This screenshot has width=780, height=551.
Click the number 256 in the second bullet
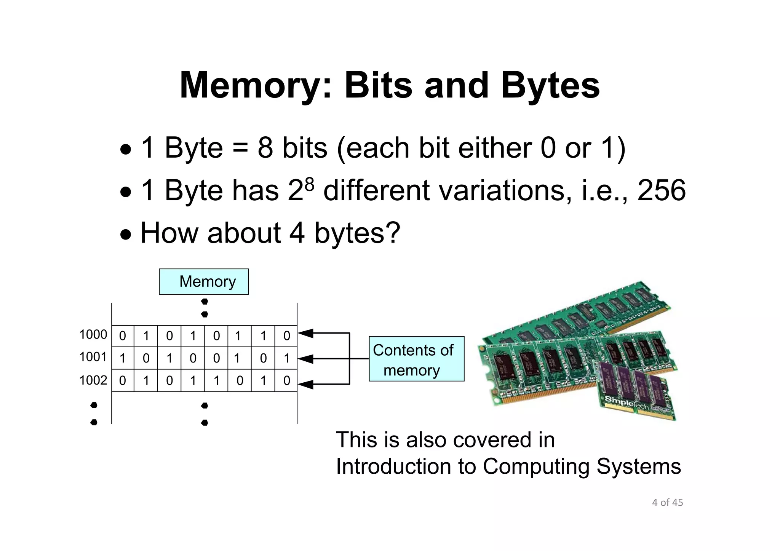coord(662,190)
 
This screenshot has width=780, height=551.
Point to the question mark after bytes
coord(392,233)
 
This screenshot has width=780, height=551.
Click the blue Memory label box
coord(204,282)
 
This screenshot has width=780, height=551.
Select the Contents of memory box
coord(416,359)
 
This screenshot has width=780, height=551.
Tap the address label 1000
coord(93,335)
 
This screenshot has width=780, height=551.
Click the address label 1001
coord(93,357)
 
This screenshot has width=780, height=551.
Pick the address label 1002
coord(93,380)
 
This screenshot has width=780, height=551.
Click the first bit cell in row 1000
coord(123,336)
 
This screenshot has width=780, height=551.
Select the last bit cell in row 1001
coord(286,358)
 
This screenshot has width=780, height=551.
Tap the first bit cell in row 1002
coord(123,380)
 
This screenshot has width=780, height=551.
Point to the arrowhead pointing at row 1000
coord(305,334)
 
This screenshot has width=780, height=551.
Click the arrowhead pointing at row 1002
coord(305,384)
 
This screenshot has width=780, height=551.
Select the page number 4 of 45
coord(667,503)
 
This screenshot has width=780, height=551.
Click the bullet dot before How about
coord(125,235)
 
